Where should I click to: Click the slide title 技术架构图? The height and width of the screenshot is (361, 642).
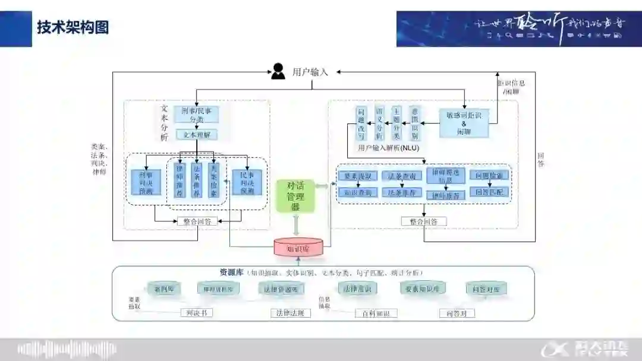tap(73, 27)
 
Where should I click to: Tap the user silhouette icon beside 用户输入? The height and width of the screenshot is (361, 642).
tap(278, 71)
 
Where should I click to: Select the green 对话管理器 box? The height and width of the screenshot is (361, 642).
tap(295, 195)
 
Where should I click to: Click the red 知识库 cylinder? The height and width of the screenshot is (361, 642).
tap(298, 248)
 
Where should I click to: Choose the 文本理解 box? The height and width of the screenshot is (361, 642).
tap(196, 135)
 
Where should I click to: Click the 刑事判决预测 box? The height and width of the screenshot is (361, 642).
tap(146, 183)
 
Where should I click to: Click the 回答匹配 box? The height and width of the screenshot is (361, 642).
tap(490, 192)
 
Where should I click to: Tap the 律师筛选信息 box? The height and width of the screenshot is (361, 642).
tap(445, 176)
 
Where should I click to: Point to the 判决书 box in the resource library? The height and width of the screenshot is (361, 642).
tap(196, 312)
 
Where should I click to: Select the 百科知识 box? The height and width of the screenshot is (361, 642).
tap(376, 313)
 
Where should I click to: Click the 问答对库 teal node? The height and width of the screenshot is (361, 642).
tap(486, 289)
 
